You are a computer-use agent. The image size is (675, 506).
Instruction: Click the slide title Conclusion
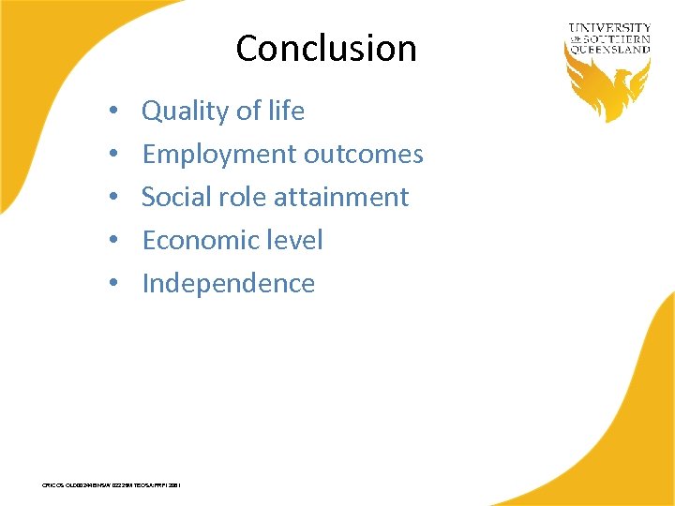(x=326, y=48)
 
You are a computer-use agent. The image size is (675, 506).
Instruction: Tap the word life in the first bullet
(x=286, y=111)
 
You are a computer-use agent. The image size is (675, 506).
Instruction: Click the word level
(x=294, y=240)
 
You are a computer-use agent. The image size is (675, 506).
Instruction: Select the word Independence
(x=228, y=283)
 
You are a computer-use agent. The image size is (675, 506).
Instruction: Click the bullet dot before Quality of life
(x=112, y=112)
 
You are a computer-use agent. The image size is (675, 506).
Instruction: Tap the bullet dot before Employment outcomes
(x=112, y=155)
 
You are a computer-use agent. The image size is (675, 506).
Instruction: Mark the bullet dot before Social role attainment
(x=112, y=198)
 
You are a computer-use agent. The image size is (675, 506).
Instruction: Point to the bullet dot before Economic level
(x=112, y=241)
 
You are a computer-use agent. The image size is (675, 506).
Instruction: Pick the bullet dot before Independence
(x=112, y=284)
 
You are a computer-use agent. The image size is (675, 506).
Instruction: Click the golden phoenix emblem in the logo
(x=607, y=88)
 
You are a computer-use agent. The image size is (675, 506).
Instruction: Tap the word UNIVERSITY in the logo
(x=608, y=29)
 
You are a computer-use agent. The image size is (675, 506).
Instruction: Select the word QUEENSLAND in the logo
(x=608, y=51)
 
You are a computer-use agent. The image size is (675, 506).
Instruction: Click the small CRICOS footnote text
(x=112, y=485)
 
